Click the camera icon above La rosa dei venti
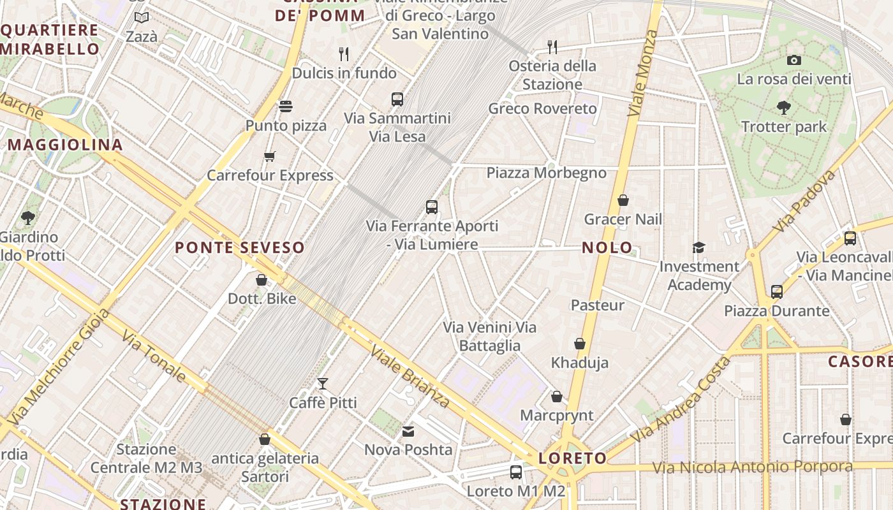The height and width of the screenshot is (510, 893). coord(793,61)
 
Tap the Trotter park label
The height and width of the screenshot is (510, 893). coord(784,127)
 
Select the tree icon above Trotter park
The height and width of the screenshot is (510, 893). coord(784,108)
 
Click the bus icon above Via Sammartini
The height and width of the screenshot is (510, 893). coord(397,99)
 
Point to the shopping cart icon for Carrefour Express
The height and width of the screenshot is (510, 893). coord(270,156)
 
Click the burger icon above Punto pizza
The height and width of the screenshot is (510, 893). coord(285,106)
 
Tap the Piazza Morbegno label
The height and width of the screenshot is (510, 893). coord(546,173)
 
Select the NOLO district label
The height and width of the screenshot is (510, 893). coord(607,248)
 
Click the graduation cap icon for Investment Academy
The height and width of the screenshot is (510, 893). coord(699,247)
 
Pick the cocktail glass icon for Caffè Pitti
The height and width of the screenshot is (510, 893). coord(323,384)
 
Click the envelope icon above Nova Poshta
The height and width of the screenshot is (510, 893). coord(408,432)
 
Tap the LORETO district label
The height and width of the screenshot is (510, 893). coord(572,458)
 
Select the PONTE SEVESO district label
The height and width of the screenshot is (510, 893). coord(239,247)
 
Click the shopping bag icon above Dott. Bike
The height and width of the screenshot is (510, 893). coord(261,280)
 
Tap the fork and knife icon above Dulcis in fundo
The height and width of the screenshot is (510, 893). coord(344,54)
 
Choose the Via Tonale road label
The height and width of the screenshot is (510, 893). coord(154,356)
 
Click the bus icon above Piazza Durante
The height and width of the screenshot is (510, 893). coord(776,292)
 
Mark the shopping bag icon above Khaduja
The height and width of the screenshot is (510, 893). coord(580,344)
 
